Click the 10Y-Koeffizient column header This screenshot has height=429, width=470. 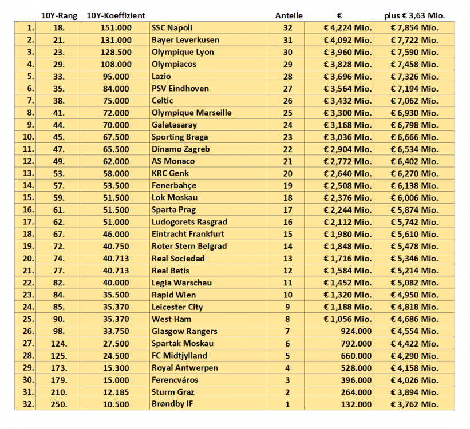click(116, 15)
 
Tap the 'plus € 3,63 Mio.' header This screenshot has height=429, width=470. click(414, 15)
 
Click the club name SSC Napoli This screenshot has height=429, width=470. click(172, 28)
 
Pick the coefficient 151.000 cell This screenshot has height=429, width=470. click(116, 28)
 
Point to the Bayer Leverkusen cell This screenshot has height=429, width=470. click(185, 40)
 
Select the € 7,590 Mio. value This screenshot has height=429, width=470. click(414, 52)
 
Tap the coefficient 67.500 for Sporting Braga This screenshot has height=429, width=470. click(116, 137)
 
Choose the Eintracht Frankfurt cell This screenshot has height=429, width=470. click(188, 234)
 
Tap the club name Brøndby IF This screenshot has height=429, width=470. click(172, 404)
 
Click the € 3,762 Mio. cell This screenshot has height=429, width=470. click(414, 404)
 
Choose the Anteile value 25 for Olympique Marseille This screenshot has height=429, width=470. click(287, 113)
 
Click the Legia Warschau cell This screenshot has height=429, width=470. click(181, 283)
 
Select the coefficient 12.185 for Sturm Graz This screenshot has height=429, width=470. click(116, 392)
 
